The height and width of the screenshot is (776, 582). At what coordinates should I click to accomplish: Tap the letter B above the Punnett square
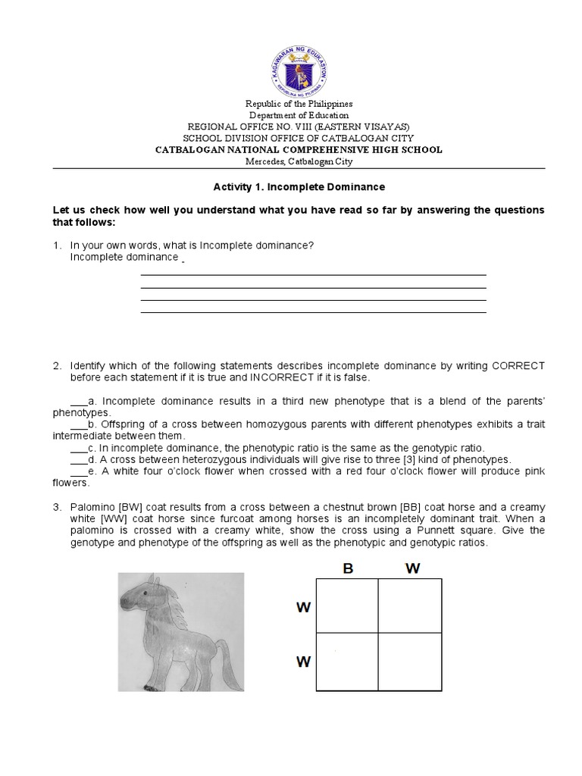point(348,569)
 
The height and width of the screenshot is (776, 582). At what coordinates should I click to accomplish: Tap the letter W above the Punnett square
point(412,569)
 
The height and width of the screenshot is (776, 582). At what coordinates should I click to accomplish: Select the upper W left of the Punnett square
point(303,608)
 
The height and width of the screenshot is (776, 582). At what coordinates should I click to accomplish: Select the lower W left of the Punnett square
point(303,662)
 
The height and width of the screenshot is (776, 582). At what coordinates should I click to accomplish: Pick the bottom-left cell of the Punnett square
point(347,661)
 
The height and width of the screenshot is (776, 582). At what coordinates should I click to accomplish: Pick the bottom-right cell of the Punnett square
point(410,661)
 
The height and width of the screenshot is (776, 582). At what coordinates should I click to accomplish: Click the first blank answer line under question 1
point(313,275)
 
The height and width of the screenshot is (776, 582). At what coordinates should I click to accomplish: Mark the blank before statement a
point(79,402)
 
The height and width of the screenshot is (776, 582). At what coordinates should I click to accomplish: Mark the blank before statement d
point(79,460)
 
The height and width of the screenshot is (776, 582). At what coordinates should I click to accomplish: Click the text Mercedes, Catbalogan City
point(298,161)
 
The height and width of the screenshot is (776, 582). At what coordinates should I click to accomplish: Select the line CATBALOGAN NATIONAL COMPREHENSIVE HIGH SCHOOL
point(298,150)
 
